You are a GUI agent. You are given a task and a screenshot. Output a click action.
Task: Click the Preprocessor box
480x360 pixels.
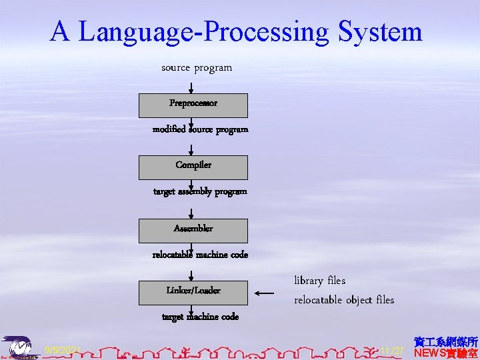[193, 105]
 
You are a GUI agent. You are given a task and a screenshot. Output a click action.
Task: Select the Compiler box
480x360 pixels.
[193, 167]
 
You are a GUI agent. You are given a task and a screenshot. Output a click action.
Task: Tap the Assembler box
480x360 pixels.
[193, 230]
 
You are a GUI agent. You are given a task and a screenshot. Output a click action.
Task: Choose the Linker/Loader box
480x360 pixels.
[193, 292]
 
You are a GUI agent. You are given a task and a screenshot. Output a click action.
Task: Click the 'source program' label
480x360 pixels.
[197, 67]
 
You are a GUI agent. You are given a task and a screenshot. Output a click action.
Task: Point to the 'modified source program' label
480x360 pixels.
[200, 129]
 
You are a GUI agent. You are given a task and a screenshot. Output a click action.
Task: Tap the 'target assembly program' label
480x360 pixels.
[200, 191]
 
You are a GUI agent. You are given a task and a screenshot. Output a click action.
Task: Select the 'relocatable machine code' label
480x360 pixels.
[200, 255]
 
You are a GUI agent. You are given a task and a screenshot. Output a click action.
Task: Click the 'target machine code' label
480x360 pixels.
[200, 317]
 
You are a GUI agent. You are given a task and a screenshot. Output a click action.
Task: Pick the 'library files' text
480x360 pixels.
[320, 281]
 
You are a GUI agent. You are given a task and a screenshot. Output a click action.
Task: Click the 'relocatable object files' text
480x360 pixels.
[344, 300]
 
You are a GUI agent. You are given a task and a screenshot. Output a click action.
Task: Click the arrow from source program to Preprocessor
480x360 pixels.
[191, 87]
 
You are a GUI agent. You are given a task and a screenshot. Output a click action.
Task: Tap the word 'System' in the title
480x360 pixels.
[380, 31]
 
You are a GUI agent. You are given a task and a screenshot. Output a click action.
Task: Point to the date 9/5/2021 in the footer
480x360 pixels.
[63, 350]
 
